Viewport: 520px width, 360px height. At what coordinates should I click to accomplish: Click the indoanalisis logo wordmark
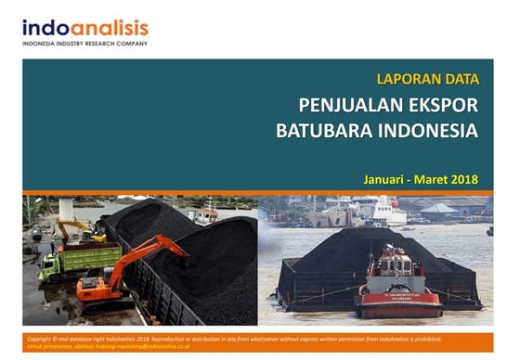(84, 29)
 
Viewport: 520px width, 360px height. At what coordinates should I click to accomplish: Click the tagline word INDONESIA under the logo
(41, 44)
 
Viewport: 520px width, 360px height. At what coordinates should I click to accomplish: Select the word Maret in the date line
(433, 178)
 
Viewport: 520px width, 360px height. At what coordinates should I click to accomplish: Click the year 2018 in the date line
(465, 178)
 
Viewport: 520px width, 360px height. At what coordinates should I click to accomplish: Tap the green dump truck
(78, 263)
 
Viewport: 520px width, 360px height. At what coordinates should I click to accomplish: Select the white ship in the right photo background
(375, 212)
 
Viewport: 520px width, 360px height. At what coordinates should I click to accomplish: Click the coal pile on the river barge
(371, 248)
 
